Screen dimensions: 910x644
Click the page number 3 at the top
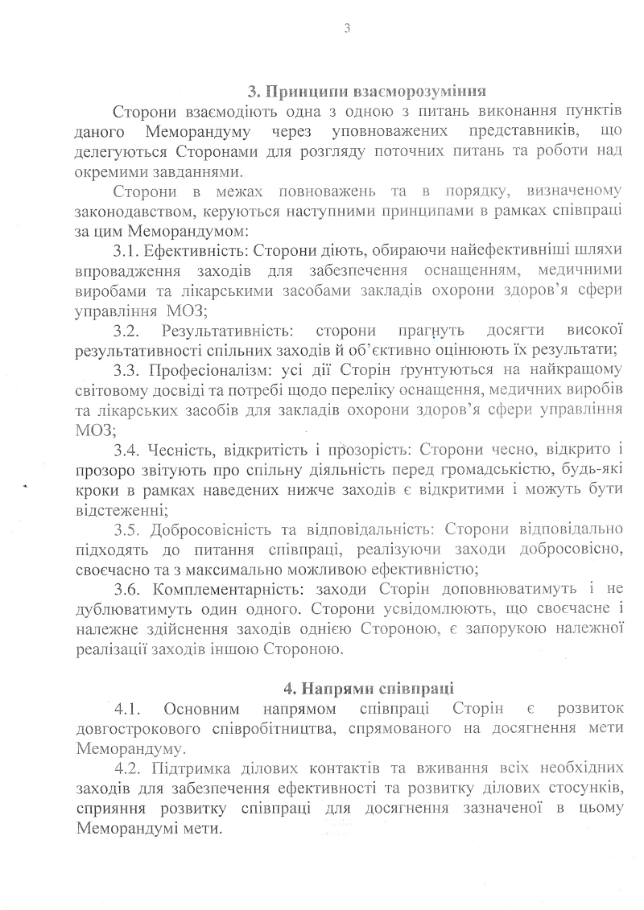pyautogui.click(x=346, y=30)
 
